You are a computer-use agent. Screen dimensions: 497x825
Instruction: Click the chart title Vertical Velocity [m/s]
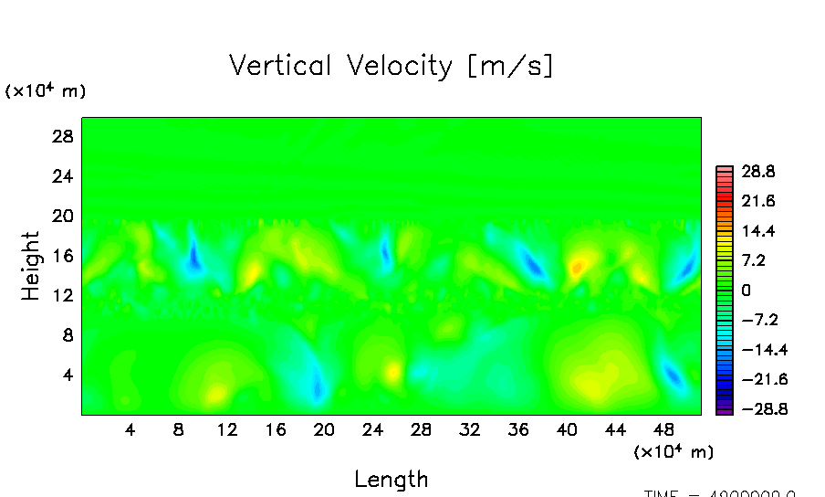click(x=391, y=66)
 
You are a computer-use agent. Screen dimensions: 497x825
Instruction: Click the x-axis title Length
click(x=391, y=479)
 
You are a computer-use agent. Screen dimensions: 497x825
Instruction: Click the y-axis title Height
click(x=31, y=266)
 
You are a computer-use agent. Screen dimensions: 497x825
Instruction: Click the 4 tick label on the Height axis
click(x=66, y=375)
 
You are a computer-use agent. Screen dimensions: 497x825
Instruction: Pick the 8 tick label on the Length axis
click(x=179, y=429)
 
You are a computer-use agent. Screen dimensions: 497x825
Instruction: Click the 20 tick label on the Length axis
click(x=324, y=429)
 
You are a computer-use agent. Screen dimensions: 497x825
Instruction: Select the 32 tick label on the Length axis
click(x=469, y=429)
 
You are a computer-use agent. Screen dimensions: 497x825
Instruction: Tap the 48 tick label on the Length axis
click(x=663, y=429)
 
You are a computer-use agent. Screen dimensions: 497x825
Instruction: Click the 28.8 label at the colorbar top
click(x=757, y=171)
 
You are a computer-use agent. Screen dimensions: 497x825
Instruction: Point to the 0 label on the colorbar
click(x=746, y=290)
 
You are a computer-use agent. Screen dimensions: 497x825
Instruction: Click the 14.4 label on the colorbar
click(x=757, y=230)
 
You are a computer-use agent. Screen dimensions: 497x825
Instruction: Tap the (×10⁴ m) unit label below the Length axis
click(x=674, y=451)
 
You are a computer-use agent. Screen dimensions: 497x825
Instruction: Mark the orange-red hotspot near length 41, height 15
click(x=577, y=268)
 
